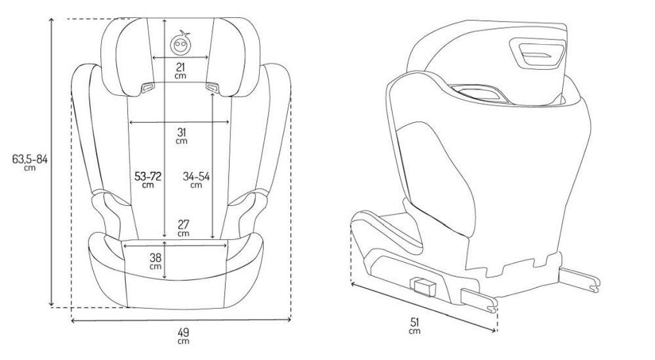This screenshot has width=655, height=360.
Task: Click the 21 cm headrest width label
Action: (180, 70)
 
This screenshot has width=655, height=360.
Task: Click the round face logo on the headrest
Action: (181, 44)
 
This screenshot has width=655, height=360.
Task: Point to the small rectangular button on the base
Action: (422, 285)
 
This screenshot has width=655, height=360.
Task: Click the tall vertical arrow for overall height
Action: (51, 163)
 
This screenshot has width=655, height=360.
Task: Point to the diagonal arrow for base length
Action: (422, 305)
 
